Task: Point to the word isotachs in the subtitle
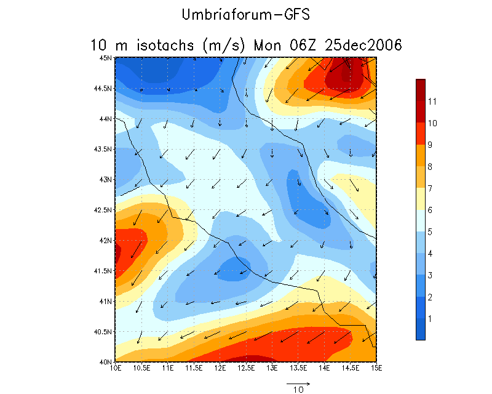[x=166, y=45]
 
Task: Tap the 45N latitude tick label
[x=107, y=58]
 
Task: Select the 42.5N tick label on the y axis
[x=105, y=210]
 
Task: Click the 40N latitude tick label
[x=107, y=362]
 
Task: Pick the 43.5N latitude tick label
[x=105, y=149]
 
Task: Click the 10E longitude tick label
[x=115, y=368]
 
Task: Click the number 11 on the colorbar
[x=432, y=101]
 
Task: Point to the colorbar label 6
[x=431, y=210]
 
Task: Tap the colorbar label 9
[x=431, y=145]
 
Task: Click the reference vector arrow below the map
[x=298, y=382]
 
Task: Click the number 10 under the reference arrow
[x=298, y=390]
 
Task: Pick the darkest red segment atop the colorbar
[x=420, y=89]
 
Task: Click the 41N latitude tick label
[x=107, y=301]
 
